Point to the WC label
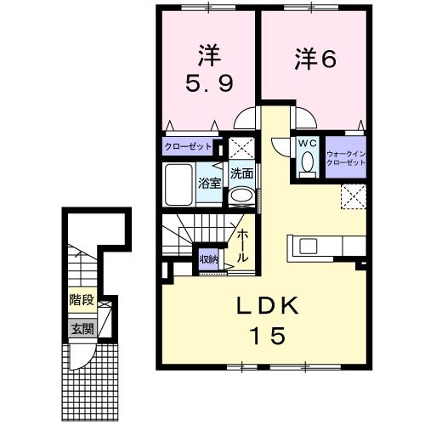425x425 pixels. tap(307, 144)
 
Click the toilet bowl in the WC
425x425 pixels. tap(308, 161)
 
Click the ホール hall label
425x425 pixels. tap(242, 244)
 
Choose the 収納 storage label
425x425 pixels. tap(208, 258)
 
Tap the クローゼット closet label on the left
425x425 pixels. tap(188, 145)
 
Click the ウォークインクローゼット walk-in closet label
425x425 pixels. tap(345, 157)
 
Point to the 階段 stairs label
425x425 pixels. tap(81, 299)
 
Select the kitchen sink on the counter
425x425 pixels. tap(308, 246)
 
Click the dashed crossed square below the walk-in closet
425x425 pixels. tap(352, 197)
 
